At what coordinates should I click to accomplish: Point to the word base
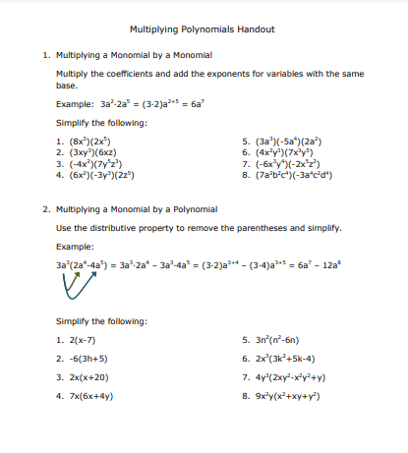tap(67, 85)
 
